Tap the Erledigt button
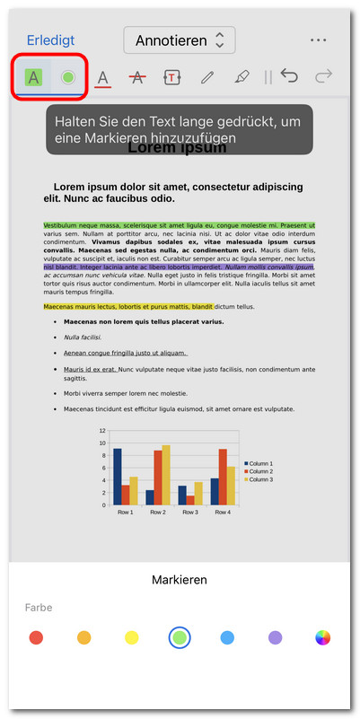(50, 40)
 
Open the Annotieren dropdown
(180, 40)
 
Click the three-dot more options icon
(318, 40)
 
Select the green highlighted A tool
(34, 77)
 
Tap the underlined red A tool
(103, 78)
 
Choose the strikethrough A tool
(137, 78)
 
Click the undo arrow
(289, 77)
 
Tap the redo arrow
(323, 77)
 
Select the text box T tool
(172, 78)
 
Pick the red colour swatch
(36, 638)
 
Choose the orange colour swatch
(83, 638)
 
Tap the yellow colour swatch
(131, 638)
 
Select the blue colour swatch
(227, 638)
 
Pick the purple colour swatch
(275, 638)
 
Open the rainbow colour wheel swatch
(323, 638)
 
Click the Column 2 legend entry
(260, 471)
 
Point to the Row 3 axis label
(189, 512)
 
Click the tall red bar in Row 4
(223, 477)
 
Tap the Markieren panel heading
(180, 580)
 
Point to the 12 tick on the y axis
(101, 432)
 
